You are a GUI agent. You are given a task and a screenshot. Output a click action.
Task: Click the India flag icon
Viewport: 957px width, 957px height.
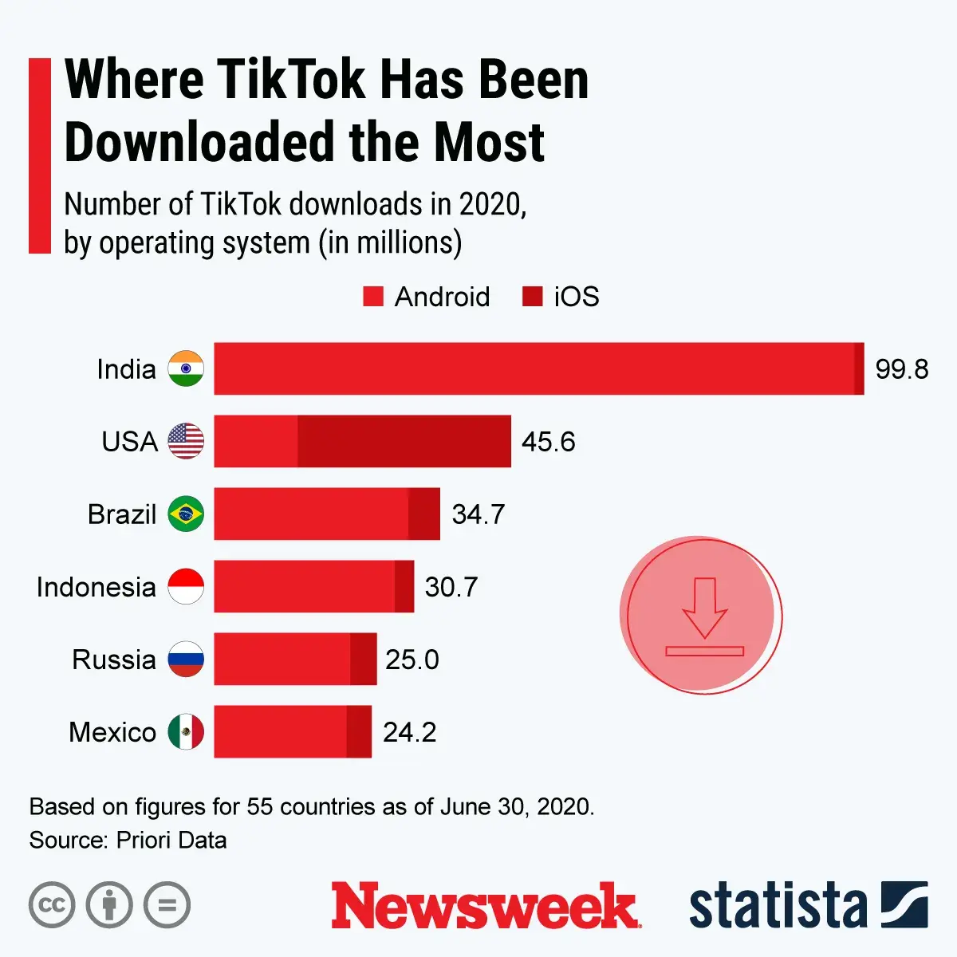(x=186, y=368)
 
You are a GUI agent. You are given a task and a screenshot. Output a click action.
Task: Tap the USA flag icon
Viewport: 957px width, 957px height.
(x=186, y=441)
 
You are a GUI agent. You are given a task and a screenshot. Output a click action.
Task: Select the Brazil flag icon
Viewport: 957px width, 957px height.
(x=186, y=514)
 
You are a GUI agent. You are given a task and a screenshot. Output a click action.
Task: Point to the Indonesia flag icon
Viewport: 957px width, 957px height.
(x=186, y=586)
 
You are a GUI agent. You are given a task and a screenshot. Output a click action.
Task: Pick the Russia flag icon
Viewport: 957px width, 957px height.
(x=186, y=659)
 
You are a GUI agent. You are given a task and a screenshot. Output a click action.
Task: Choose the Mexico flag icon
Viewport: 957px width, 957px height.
(x=186, y=731)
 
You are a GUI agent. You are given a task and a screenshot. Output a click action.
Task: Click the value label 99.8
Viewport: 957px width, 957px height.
(x=901, y=369)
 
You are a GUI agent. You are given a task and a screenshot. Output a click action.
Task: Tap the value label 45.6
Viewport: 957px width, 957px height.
(x=548, y=442)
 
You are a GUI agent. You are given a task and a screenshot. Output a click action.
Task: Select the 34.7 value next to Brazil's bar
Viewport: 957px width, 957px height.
(x=478, y=514)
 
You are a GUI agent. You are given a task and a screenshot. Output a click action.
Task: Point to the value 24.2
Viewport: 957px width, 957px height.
(x=409, y=732)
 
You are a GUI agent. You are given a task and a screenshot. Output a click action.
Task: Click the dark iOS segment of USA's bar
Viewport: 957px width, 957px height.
(x=404, y=441)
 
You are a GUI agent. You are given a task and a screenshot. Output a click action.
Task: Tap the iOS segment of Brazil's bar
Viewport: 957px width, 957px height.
(x=424, y=514)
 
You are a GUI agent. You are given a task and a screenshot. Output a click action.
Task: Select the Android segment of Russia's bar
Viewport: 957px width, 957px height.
(x=282, y=659)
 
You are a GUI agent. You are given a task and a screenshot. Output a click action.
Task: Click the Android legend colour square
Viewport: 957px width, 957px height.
(x=373, y=297)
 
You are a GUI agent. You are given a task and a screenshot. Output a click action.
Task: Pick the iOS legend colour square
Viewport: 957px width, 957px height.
(x=532, y=297)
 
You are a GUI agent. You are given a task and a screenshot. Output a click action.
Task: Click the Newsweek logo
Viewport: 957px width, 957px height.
(x=485, y=905)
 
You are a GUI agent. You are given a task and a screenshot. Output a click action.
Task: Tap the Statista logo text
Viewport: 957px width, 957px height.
(x=778, y=906)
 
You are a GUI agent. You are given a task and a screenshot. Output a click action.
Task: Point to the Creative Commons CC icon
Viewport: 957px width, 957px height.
(x=52, y=905)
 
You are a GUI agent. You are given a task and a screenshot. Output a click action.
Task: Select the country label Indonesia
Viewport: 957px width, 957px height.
(x=96, y=587)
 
